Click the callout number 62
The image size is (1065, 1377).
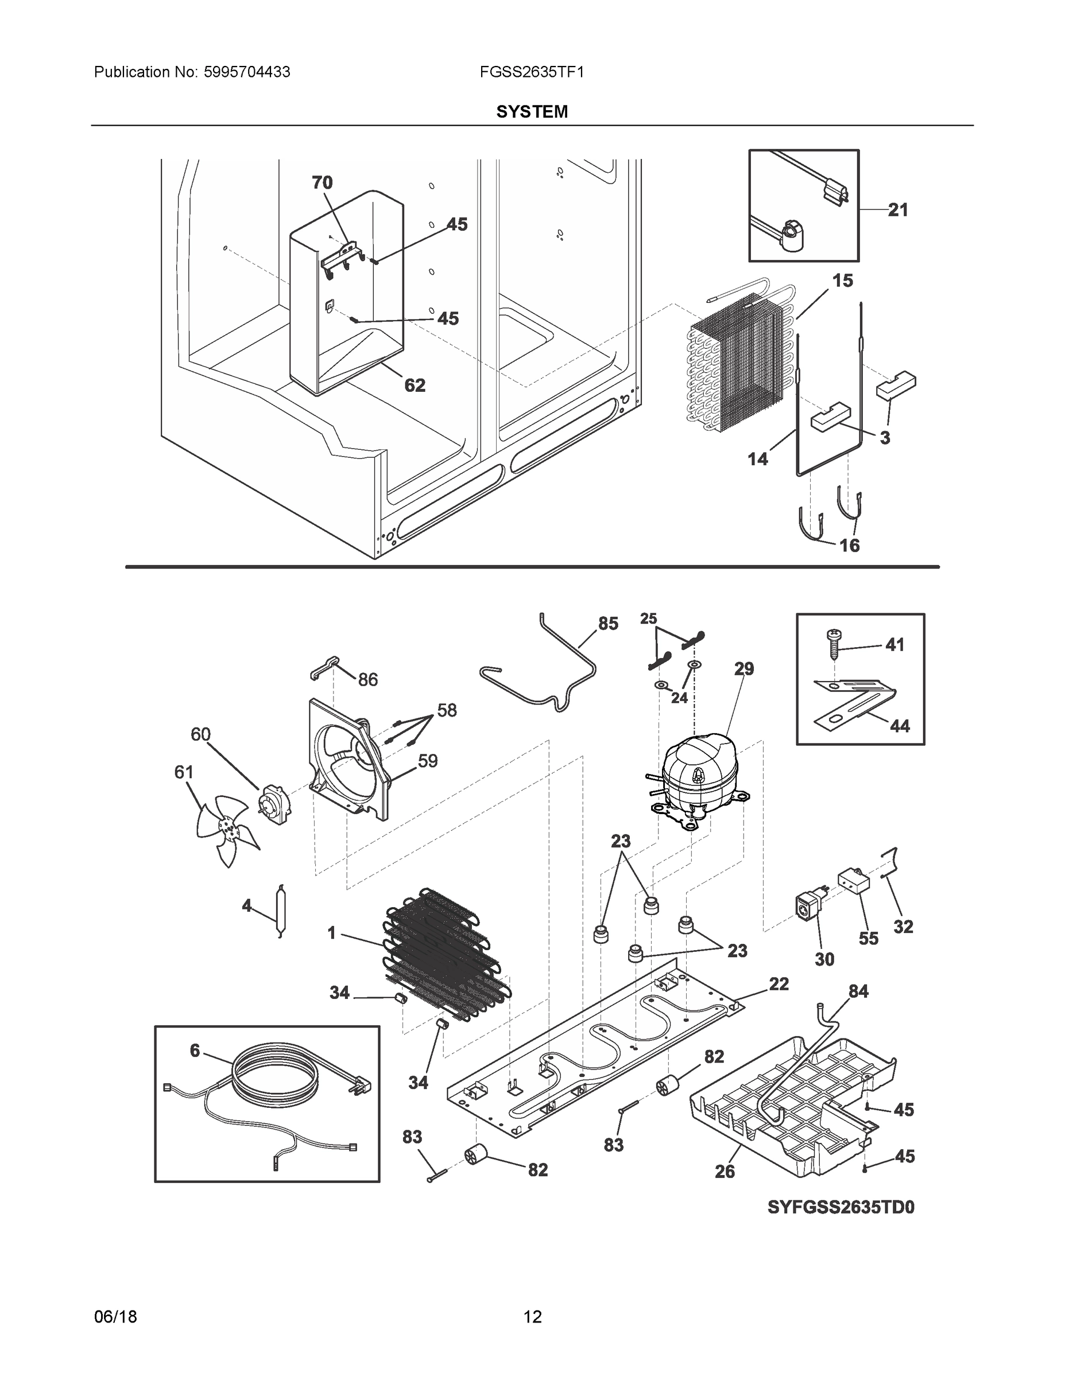coord(415,384)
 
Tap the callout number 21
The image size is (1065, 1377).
coord(898,210)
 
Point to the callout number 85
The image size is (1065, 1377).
coord(608,624)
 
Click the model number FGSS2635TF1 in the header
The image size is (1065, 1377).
coord(531,72)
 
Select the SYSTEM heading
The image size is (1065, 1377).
coord(531,112)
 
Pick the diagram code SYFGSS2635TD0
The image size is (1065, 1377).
coord(841,1207)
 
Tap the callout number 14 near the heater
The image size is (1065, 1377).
coord(758,459)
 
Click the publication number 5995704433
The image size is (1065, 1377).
coord(247,72)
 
